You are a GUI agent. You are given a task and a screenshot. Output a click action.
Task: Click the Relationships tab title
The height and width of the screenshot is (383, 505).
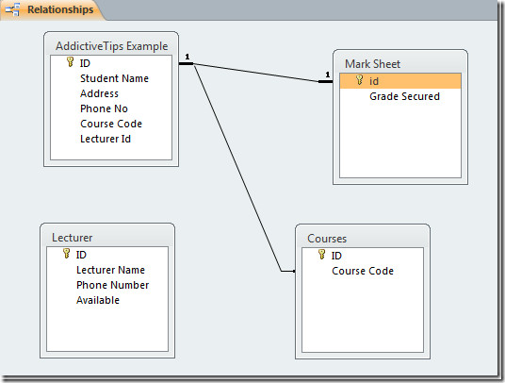[x=60, y=9]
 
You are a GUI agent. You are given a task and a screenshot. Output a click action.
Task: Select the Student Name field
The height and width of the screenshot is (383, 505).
[x=114, y=78]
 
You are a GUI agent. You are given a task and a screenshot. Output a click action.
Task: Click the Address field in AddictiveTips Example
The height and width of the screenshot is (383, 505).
[x=99, y=93]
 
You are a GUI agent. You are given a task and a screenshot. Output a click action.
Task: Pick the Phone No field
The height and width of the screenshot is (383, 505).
[x=104, y=108]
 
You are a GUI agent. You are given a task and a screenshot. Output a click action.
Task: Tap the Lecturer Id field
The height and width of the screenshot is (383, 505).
[x=106, y=139]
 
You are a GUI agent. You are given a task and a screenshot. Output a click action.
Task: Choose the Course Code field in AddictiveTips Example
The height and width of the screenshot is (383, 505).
[x=111, y=124]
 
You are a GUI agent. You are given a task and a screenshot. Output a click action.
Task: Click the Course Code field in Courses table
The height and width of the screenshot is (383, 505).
[x=363, y=271]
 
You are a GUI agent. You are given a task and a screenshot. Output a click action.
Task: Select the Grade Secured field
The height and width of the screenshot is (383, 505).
[x=404, y=96]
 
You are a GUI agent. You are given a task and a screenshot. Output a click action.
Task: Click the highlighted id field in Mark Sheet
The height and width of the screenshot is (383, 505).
[x=374, y=81]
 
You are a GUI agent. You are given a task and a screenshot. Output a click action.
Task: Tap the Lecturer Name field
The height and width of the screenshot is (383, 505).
[x=110, y=270]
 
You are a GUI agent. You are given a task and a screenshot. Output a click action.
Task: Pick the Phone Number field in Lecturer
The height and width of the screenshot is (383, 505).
[x=113, y=285]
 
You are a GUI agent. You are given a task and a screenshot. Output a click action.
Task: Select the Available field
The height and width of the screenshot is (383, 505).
[x=98, y=300]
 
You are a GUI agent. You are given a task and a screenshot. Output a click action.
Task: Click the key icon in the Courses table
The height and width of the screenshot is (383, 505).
[x=321, y=254]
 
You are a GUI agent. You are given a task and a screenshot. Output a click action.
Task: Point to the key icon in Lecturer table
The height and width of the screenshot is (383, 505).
[x=66, y=253]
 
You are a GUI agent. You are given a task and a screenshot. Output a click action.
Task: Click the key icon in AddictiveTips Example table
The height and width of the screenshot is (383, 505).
[x=71, y=61]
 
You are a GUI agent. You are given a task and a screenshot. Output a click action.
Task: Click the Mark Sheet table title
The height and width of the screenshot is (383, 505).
[x=373, y=64]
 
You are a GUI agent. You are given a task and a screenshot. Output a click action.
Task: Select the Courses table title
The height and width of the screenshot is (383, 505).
[x=327, y=239]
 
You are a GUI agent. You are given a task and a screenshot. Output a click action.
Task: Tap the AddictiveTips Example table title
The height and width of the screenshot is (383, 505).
[x=112, y=46]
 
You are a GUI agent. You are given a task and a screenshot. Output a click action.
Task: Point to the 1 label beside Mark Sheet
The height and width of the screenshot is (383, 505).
[x=328, y=75]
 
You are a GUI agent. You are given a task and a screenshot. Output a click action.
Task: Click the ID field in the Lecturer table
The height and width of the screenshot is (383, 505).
[x=81, y=255]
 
